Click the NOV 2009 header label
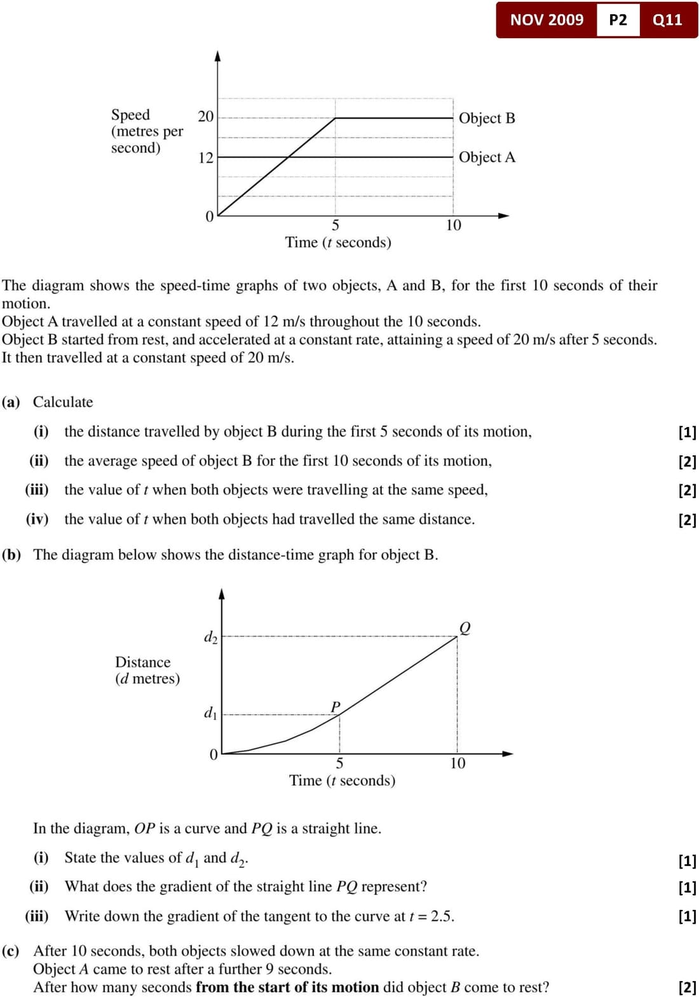[546, 20]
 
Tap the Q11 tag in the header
[667, 20]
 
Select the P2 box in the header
[618, 20]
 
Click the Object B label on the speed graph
[487, 118]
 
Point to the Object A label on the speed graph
[487, 157]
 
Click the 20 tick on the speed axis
[206, 116]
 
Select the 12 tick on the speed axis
[206, 158]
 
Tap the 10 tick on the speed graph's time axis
[453, 225]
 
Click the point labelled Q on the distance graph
[465, 628]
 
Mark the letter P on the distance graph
[336, 707]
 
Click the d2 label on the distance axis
[210, 637]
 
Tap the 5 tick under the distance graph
[339, 763]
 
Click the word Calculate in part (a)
[63, 402]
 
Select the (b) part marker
[11, 555]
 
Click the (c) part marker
[11, 951]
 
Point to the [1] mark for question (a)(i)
[687, 432]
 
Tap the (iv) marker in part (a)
[37, 519]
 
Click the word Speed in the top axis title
[130, 115]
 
